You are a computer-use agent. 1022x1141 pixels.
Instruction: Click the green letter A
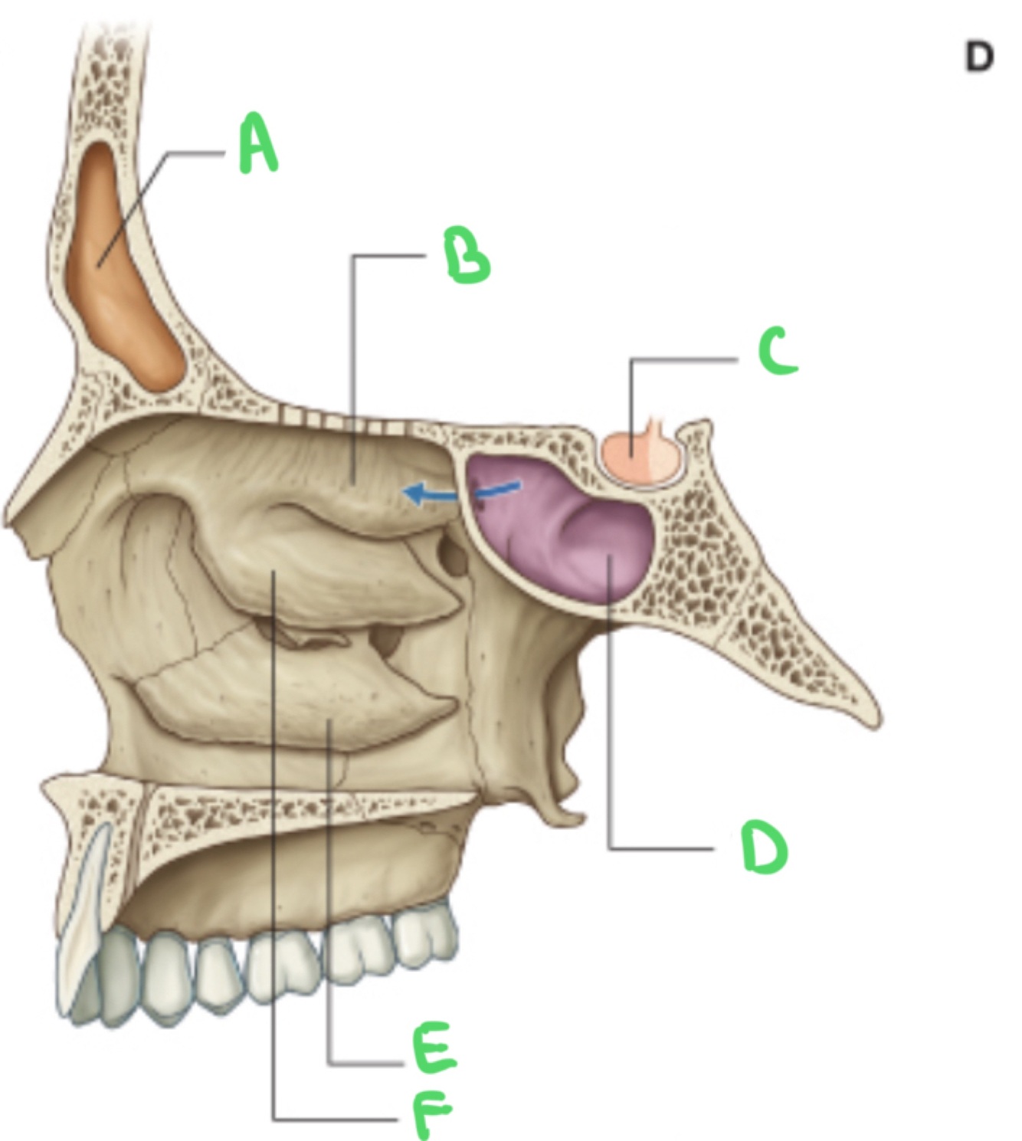click(258, 143)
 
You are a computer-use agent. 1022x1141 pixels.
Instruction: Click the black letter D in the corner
click(978, 57)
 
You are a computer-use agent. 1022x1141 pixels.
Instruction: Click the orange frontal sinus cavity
click(123, 276)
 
